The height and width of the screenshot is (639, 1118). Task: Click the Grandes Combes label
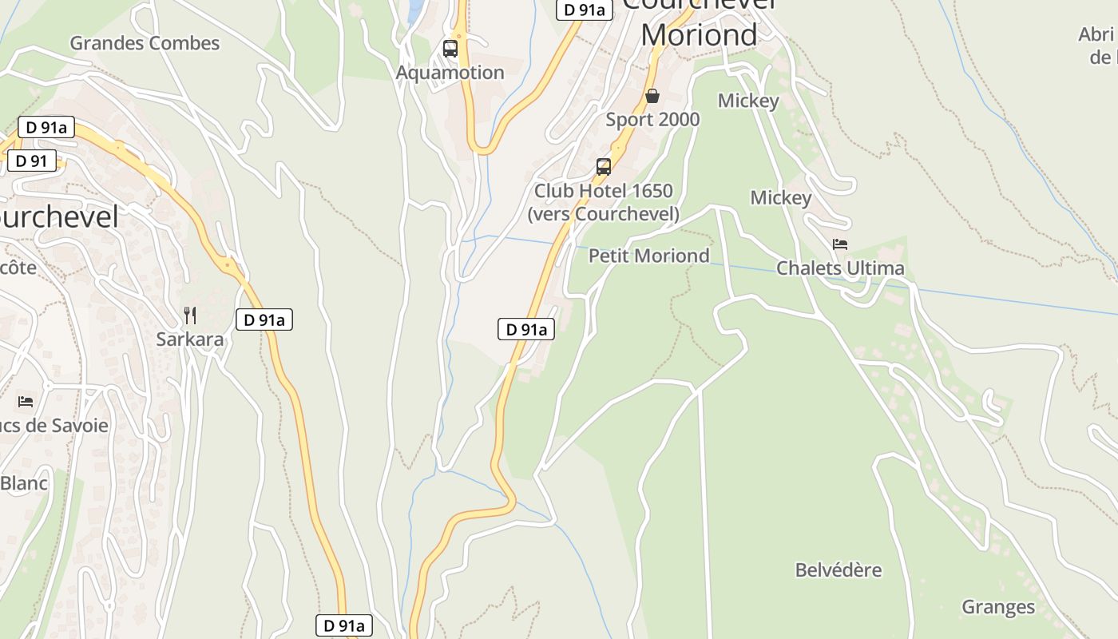point(145,43)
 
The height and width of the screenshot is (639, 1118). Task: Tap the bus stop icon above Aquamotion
point(450,49)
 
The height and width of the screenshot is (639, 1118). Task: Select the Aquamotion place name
point(450,73)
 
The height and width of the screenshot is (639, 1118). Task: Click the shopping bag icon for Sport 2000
point(652,96)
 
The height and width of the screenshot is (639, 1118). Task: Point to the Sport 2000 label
point(652,120)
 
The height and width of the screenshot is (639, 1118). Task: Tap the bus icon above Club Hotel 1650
point(604,167)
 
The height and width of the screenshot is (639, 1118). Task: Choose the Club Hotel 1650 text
point(604,192)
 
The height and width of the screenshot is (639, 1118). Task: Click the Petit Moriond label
point(648,256)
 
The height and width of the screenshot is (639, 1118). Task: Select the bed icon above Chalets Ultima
point(839,244)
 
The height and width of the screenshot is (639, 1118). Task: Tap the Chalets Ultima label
point(840,268)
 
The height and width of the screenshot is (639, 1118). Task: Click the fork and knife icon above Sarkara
point(190,315)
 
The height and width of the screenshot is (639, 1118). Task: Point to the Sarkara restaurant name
point(190,339)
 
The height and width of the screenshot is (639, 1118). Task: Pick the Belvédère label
point(838,570)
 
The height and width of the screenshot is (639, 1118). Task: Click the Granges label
point(998,608)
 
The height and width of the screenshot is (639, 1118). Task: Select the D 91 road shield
point(32,161)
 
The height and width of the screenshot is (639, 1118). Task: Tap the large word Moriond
point(699,35)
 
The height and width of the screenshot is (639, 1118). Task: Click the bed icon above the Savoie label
point(26,401)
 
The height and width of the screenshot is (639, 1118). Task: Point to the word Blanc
point(24,483)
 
